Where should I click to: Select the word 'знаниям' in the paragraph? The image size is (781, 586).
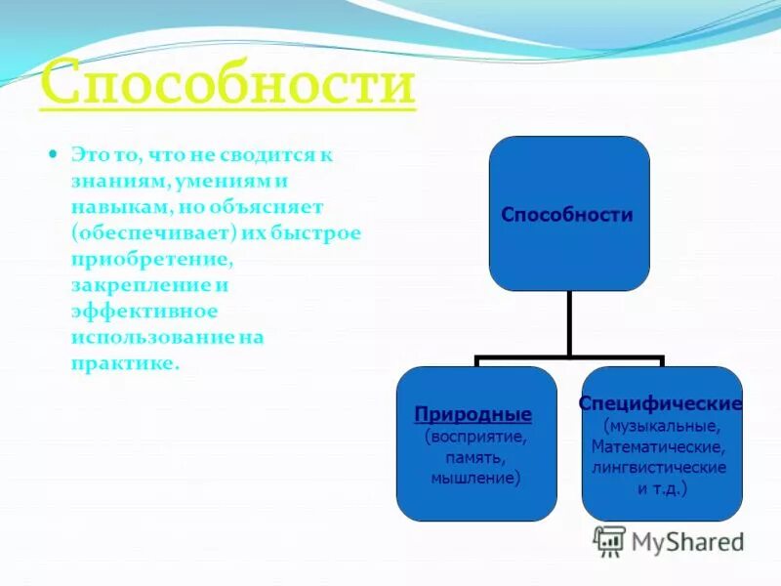[108, 182]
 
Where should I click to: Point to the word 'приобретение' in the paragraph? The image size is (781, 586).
[150, 260]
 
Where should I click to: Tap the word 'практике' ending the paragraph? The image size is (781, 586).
[123, 362]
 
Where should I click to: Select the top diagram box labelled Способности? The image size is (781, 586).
[568, 214]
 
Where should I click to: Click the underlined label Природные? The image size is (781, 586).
[473, 413]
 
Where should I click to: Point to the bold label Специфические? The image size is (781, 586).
[661, 403]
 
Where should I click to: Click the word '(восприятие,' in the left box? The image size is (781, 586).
[476, 436]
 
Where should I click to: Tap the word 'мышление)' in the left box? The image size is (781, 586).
[476, 479]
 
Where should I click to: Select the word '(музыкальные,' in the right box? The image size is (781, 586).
[662, 426]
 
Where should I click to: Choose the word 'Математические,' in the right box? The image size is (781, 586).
[658, 447]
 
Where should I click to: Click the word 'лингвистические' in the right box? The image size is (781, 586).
[659, 468]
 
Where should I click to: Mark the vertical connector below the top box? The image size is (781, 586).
[569, 324]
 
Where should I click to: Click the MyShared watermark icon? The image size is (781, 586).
[609, 541]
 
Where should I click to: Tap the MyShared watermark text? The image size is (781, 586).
[686, 542]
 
